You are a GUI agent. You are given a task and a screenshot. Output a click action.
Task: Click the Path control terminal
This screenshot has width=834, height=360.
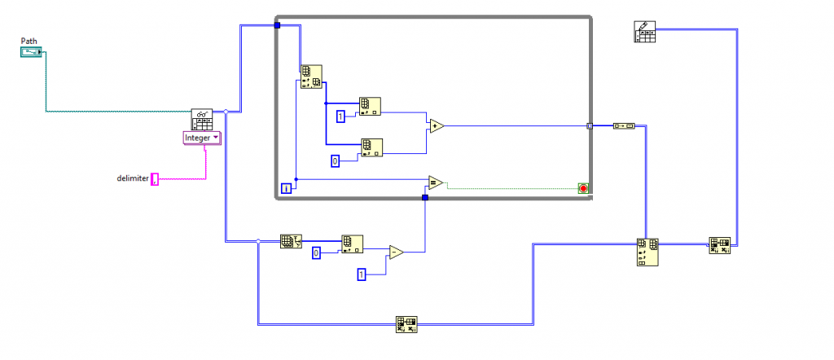[x=31, y=52]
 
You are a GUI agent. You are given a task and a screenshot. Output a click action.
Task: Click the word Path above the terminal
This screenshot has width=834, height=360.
[x=29, y=41]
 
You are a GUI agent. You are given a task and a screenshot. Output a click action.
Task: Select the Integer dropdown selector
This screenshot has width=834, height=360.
[x=202, y=138]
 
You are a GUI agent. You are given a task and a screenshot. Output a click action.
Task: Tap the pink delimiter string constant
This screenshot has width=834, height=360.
[x=155, y=179]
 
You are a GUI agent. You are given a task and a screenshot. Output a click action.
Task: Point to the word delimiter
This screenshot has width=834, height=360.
[x=133, y=178]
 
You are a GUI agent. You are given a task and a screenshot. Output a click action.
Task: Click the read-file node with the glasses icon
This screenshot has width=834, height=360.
[x=202, y=120]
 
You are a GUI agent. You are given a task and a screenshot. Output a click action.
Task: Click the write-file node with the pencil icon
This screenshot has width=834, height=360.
[x=645, y=32]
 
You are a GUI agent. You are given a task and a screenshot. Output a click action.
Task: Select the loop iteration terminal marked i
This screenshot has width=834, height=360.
[x=286, y=188]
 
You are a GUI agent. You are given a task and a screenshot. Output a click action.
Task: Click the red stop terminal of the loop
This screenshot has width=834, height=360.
[x=583, y=188]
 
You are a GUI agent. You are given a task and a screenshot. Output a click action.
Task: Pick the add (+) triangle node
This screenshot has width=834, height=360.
[x=437, y=126]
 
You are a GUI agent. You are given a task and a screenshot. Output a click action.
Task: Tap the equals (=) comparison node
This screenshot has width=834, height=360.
[x=436, y=183]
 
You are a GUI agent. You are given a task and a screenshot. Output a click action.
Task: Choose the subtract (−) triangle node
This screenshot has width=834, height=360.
[x=397, y=252]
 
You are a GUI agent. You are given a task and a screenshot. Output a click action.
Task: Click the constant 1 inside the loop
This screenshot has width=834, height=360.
[x=340, y=116]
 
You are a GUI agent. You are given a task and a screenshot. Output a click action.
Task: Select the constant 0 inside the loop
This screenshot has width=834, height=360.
[x=335, y=161]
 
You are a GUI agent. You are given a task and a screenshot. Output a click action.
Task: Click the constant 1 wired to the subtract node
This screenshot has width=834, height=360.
[x=362, y=275]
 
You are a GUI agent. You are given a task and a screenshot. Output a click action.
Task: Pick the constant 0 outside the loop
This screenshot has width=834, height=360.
[x=316, y=253]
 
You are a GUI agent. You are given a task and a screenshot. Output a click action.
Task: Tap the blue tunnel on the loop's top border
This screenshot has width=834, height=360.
[x=277, y=25]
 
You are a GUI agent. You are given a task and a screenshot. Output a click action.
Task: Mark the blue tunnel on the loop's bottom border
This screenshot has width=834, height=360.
[x=424, y=198]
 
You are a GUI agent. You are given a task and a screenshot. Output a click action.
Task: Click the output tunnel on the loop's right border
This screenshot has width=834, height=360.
[x=590, y=126]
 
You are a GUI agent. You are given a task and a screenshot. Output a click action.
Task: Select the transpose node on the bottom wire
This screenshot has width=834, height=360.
[x=406, y=324]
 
